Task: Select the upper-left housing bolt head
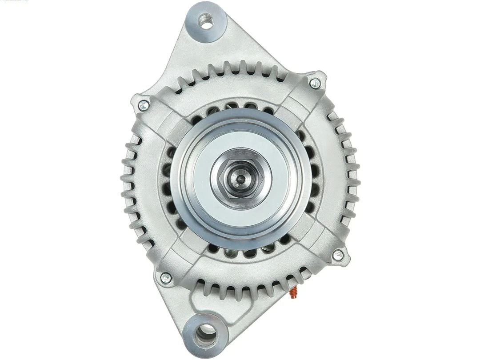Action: [143, 105]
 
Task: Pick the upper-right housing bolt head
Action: [315, 82]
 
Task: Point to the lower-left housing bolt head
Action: [166, 278]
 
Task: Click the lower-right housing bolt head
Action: [337, 255]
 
